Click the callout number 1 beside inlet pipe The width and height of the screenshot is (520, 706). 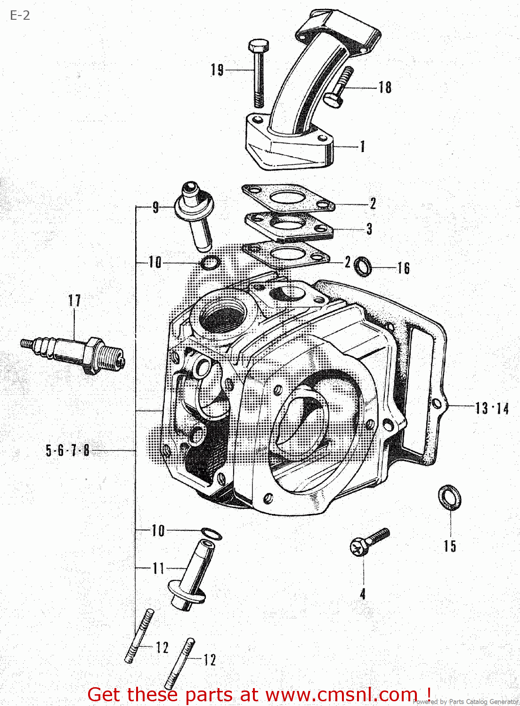pos(363,146)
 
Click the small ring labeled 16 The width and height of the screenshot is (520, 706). pos(362,267)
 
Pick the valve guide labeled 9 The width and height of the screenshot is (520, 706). pos(195,214)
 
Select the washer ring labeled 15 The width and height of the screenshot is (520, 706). pos(449,497)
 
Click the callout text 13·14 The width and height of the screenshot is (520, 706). pos(492,408)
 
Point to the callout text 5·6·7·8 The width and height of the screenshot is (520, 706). pos(67,450)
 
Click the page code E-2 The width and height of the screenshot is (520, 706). pos(20,16)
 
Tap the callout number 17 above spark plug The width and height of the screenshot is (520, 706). pos(74,300)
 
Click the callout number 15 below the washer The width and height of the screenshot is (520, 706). pos(450,546)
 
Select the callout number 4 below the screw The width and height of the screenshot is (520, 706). pos(363,594)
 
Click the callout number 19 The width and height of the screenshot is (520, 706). pos(217,70)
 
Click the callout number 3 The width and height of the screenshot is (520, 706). pos(369,229)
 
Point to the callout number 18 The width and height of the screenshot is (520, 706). pos(385,88)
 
